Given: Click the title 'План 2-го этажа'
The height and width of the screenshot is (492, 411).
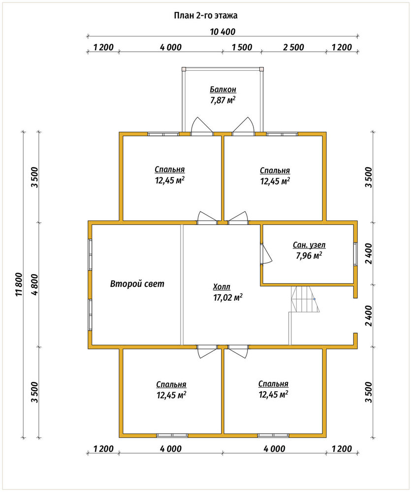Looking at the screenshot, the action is [206, 16].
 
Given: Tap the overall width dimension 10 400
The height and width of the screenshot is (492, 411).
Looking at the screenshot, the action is [222, 31].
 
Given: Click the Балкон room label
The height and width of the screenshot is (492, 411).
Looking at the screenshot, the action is [223, 90].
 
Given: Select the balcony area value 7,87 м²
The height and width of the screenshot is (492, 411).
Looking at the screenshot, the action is [223, 100].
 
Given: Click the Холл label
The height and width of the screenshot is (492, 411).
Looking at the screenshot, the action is [221, 287].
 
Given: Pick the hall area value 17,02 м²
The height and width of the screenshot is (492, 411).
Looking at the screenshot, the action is [227, 298].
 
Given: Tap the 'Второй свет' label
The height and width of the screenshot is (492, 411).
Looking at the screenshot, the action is [137, 284].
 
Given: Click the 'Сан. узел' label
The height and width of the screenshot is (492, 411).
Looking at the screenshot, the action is [309, 245].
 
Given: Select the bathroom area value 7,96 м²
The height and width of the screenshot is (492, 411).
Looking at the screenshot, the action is [309, 256].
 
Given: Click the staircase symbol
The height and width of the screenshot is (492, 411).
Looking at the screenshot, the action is [305, 299].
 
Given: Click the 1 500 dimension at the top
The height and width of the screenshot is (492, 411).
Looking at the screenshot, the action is [242, 47].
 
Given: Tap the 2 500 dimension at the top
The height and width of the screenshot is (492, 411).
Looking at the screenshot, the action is [293, 47].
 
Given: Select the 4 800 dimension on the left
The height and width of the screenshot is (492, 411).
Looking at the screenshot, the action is [34, 284].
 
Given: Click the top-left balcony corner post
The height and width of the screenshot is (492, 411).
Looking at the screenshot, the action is [184, 69].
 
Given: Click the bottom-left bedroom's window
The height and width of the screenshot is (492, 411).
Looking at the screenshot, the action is [172, 435].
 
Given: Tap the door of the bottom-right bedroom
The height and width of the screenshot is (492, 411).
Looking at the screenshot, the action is [238, 351].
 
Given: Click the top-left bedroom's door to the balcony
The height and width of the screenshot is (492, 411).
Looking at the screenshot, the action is [202, 126].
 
